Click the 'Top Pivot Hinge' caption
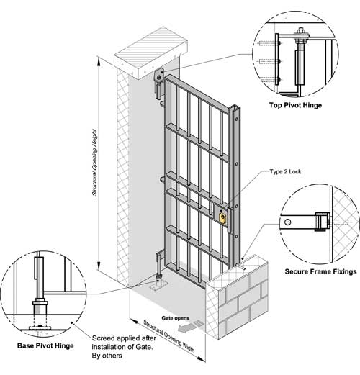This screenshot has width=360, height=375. tap(295, 105)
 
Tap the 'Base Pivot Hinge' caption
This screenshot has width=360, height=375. tap(45, 345)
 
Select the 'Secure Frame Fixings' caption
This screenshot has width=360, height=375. tap(320, 271)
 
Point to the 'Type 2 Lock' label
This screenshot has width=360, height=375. tap(285, 171)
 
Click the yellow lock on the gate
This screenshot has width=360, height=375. tap(222, 218)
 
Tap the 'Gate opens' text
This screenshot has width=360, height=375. tap(176, 318)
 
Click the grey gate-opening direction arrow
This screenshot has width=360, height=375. tap(192, 327)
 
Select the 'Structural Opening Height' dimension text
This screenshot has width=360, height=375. tap(94, 163)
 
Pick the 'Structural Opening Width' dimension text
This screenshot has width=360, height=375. tap(169, 337)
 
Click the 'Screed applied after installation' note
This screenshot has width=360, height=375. tap(124, 347)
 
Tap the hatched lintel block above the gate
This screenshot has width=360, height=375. tap(150, 54)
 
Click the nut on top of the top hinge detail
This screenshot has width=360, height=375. tap(300, 31)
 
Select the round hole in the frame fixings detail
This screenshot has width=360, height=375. tap(287, 222)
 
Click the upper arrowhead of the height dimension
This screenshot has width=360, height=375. tap(99, 61)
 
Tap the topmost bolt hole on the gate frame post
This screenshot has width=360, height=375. tap(237, 119)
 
